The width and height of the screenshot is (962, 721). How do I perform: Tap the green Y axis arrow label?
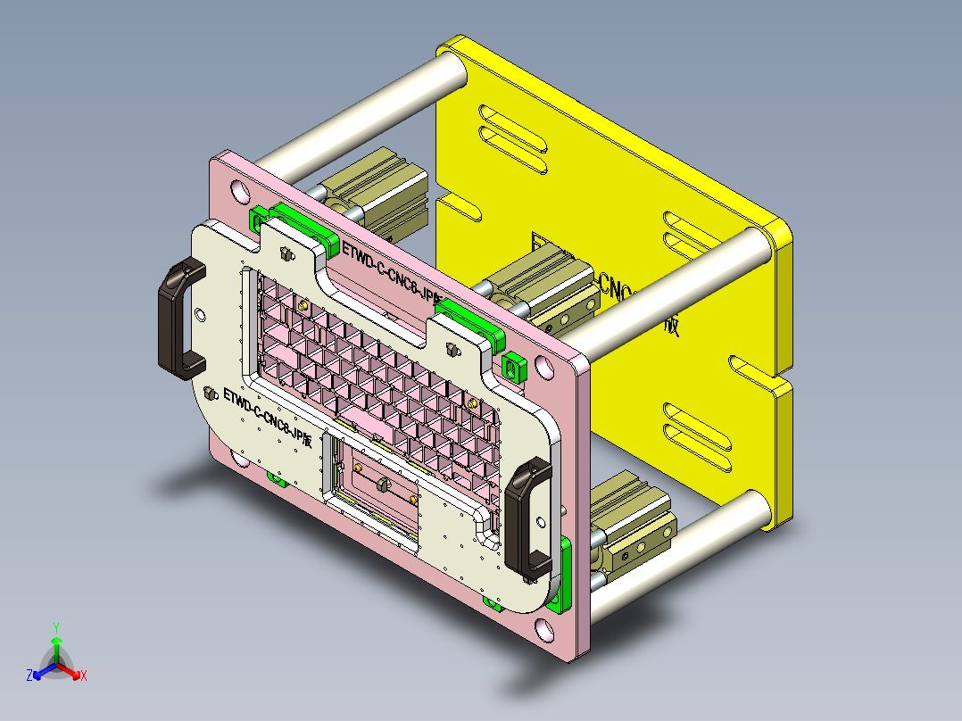[55, 627]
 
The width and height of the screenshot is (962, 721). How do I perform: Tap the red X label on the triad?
[84, 676]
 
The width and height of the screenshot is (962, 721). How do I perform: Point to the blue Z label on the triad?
[29, 676]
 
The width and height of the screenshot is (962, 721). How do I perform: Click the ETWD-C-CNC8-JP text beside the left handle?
[267, 416]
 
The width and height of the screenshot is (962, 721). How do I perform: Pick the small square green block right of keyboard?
[513, 366]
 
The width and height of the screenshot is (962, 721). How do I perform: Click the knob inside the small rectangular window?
[383, 485]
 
